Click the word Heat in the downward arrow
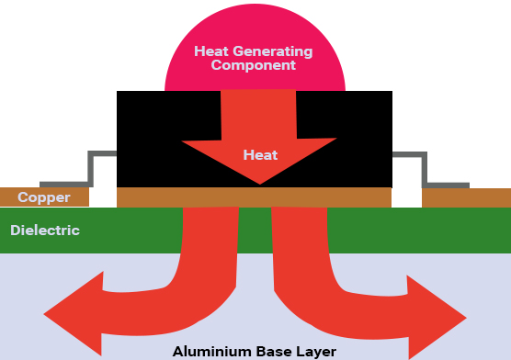260,155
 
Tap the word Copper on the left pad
44,197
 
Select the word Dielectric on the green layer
45,230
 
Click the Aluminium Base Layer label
254,351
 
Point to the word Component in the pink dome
253,65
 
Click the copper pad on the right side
466,197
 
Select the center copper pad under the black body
254,197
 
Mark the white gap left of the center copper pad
103,197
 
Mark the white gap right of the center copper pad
406,197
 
